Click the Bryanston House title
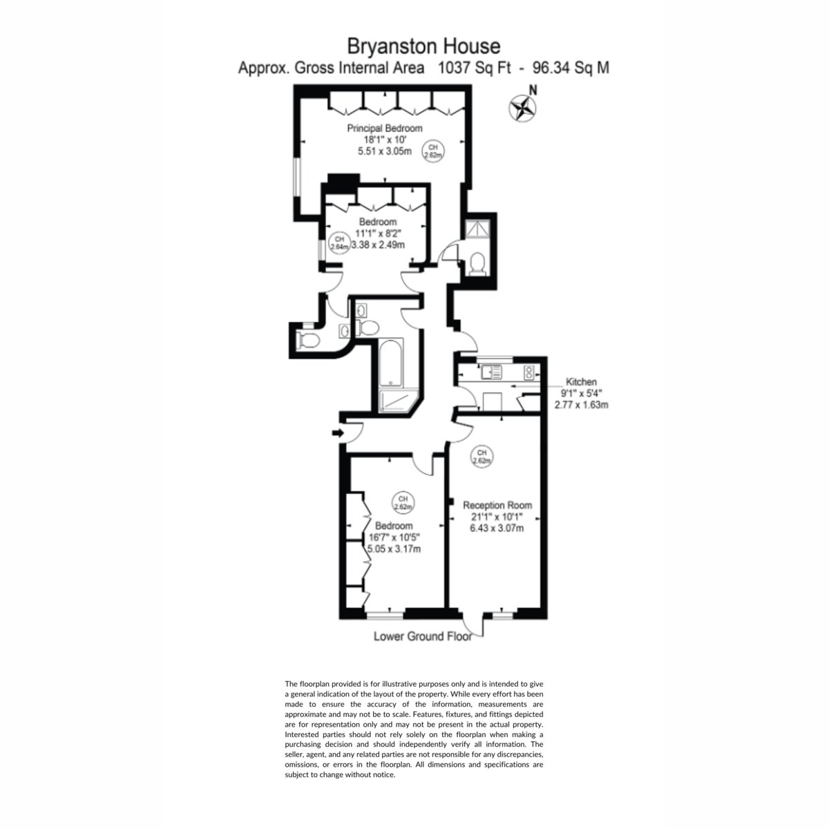coord(423,46)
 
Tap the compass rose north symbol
coord(522,108)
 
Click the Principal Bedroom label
coord(385,128)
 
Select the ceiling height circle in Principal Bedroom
coord(433,151)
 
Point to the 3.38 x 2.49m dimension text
coord(378,245)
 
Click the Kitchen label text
coord(581,381)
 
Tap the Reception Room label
coord(497,505)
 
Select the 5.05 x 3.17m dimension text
coord(394,549)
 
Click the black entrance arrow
coord(338,432)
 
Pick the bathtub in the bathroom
coord(390,363)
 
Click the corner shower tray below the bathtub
coord(399,401)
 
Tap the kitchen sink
coord(491,372)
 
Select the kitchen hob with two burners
coord(528,372)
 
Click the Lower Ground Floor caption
coord(423,636)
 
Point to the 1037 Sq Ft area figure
coord(474,68)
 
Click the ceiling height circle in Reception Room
coord(482,457)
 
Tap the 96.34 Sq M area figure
coord(571,68)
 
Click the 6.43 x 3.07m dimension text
coord(497,528)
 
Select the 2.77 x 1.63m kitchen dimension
coord(581,405)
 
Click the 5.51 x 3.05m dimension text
coord(385,151)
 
